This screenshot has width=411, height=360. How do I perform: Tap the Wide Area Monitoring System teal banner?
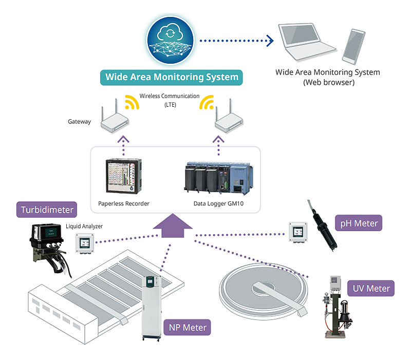(172, 78)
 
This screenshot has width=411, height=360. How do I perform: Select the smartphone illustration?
(352, 45)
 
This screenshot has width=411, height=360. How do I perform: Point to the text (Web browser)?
(328, 82)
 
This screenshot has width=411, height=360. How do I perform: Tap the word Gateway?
(79, 122)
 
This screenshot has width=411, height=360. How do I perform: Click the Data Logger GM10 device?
(218, 178)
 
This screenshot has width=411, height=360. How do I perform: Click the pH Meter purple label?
(359, 223)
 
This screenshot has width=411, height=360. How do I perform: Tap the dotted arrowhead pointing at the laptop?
(269, 40)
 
